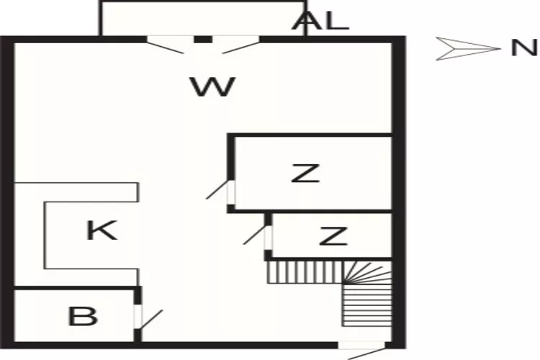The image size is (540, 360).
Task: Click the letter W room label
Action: pyautogui.click(x=213, y=86)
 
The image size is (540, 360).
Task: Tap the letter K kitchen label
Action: pyautogui.click(x=102, y=230)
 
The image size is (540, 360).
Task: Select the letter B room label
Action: pyautogui.click(x=83, y=316)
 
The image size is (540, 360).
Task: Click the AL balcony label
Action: pyautogui.click(x=320, y=21)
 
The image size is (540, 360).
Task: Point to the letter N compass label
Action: pyautogui.click(x=524, y=48)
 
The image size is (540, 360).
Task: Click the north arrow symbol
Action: pyautogui.click(x=469, y=48)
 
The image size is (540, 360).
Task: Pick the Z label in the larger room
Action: pyautogui.click(x=305, y=174)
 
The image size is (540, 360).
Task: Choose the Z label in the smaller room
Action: pyautogui.click(x=333, y=236)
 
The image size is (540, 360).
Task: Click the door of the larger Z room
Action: pyautogui.click(x=220, y=192)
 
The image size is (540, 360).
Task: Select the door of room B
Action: pyautogui.click(x=148, y=317)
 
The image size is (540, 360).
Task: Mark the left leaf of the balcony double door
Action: pyautogui.click(x=165, y=45)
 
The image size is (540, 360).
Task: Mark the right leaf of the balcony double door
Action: pyautogui.click(x=240, y=45)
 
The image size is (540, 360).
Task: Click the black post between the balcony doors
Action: pyautogui.click(x=203, y=40)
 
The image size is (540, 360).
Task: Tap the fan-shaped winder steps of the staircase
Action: pyautogui.click(x=367, y=272)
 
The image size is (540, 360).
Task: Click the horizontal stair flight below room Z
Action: pyautogui.click(x=305, y=272)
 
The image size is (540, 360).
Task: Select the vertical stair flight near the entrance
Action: pyautogui.click(x=367, y=305)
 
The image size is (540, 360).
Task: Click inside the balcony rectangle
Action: pyautogui.click(x=202, y=19)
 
